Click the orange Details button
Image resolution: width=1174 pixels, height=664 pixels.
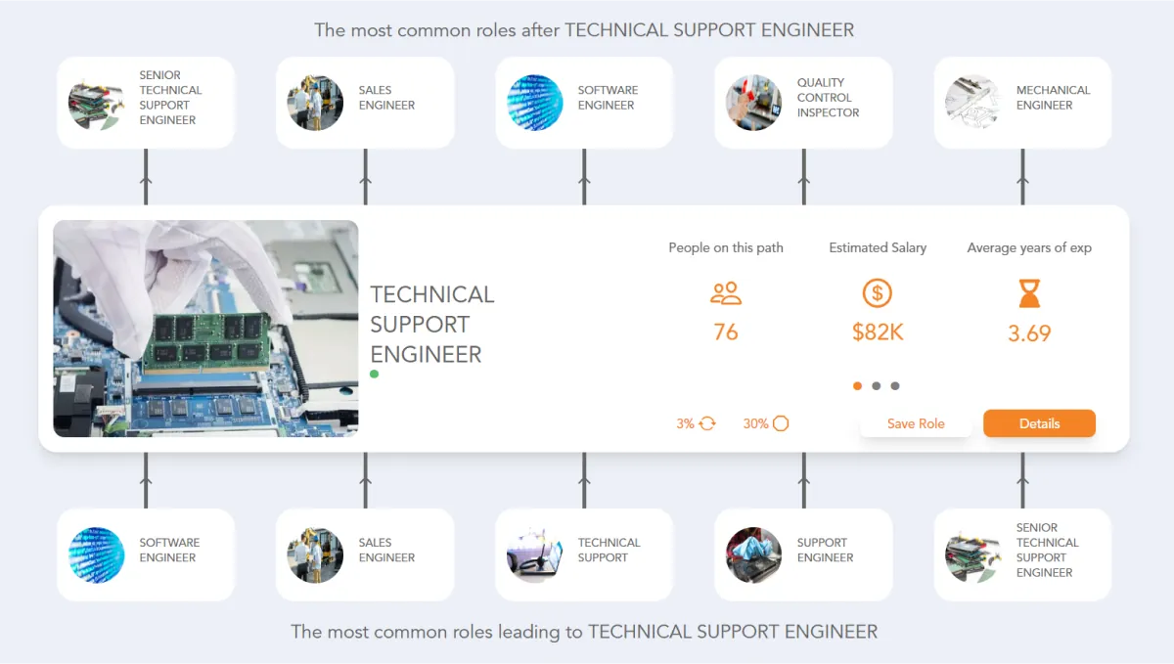coord(1039,423)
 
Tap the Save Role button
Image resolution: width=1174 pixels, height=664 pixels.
coord(916,423)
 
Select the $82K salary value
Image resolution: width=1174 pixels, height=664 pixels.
coord(878,332)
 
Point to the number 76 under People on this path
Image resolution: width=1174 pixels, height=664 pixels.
coord(726,332)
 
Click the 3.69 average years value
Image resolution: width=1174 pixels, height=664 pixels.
coord(1029,333)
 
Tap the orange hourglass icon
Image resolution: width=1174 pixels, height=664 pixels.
coord(1029,293)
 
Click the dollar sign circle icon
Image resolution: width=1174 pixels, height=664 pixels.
coord(878,293)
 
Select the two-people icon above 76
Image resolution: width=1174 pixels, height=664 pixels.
coord(726,293)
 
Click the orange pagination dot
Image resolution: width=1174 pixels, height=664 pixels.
coord(857,386)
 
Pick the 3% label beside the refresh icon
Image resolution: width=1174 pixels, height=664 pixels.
coord(685,423)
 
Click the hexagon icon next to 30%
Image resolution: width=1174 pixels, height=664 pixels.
coord(781,423)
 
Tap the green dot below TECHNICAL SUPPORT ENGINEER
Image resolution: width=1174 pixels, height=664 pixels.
coord(374,374)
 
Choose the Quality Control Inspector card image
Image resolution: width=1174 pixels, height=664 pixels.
coord(753,103)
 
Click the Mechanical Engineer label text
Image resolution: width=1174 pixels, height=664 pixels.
coord(1053,98)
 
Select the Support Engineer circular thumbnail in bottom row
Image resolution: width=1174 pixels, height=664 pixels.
coord(753,555)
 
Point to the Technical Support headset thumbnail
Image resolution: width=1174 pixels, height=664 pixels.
coord(534,555)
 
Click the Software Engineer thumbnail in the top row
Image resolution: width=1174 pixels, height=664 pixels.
coord(534,103)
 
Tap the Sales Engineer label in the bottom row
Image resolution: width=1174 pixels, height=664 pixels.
coord(386,550)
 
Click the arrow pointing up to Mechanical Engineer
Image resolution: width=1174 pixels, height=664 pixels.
coord(1022,177)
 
